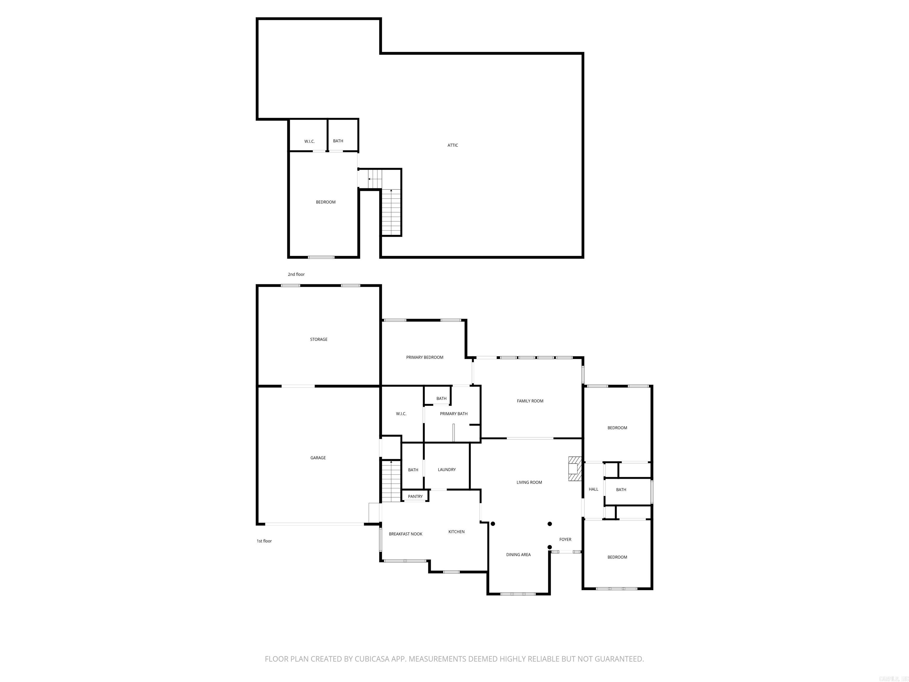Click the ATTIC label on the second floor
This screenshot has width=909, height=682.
[x=452, y=145]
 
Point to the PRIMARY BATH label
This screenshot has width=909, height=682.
[x=453, y=414]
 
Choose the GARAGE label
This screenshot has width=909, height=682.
[x=318, y=458]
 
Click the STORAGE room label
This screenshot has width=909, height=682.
[x=318, y=339]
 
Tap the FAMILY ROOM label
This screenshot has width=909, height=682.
[x=530, y=401]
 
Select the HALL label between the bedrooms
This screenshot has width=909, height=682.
[x=593, y=489]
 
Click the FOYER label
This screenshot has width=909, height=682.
[x=565, y=539]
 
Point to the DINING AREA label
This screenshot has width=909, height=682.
[x=518, y=554]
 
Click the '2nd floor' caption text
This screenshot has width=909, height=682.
[x=296, y=274]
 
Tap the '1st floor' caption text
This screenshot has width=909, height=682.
[x=264, y=541]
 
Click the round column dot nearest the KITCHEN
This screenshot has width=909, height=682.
[x=493, y=524]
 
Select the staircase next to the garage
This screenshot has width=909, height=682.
[x=391, y=481]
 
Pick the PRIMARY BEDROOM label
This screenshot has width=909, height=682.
[x=425, y=357]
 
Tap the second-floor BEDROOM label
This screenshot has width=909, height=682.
[x=325, y=202]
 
